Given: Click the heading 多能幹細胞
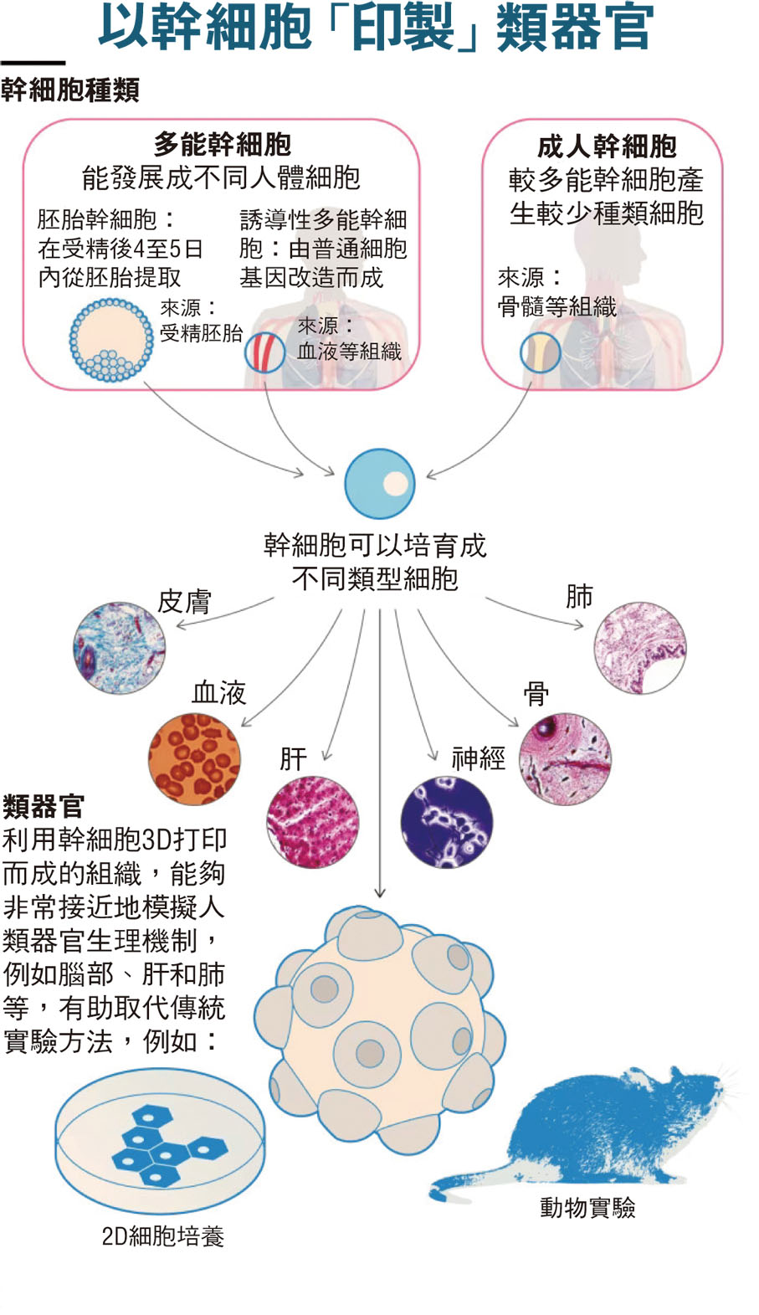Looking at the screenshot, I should click(x=222, y=145).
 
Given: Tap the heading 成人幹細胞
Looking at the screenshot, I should click(x=606, y=146).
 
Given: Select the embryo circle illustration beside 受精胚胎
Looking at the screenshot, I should click(x=111, y=340).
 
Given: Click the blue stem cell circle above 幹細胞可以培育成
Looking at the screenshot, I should click(x=380, y=484).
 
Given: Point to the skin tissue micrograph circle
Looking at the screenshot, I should click(x=120, y=648).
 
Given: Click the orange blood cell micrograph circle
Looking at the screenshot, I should click(x=194, y=758).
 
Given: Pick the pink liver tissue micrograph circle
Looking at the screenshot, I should click(x=313, y=821).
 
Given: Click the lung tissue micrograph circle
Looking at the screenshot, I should click(x=640, y=647).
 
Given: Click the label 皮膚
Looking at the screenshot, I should click(x=184, y=601).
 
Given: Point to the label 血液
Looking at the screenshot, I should click(x=219, y=692).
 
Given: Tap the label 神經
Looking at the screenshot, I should click(x=479, y=758).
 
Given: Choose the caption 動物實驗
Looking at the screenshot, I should click(x=587, y=1207).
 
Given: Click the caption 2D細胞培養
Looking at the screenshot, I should click(x=163, y=1236).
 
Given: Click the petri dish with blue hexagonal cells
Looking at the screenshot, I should click(x=159, y=1143).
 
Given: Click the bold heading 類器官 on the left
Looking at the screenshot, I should click(x=44, y=806).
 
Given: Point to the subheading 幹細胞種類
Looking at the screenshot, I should click(x=70, y=90).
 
